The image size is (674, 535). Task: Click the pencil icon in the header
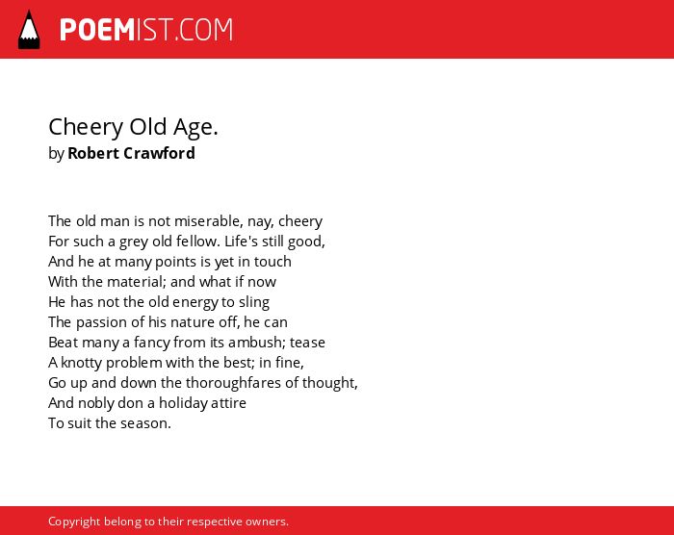29,30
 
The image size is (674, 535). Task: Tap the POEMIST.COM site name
146,30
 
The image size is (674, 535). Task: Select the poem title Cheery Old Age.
133,128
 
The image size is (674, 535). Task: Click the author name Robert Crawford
131,153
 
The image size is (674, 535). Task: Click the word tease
307,343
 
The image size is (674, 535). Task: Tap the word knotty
81,363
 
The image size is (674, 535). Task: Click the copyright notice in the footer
168,522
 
